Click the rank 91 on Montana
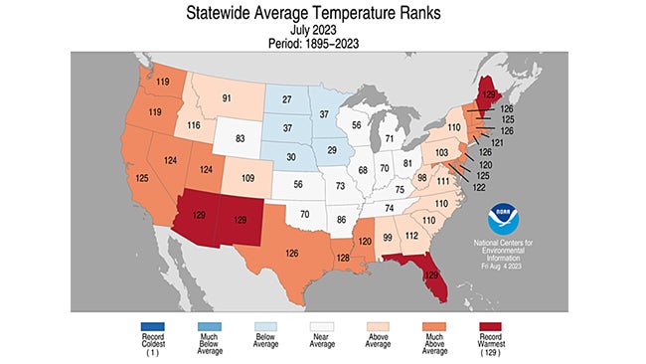pos(227,97)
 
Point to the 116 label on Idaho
pos(194,126)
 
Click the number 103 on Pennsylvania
pos(441,154)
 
